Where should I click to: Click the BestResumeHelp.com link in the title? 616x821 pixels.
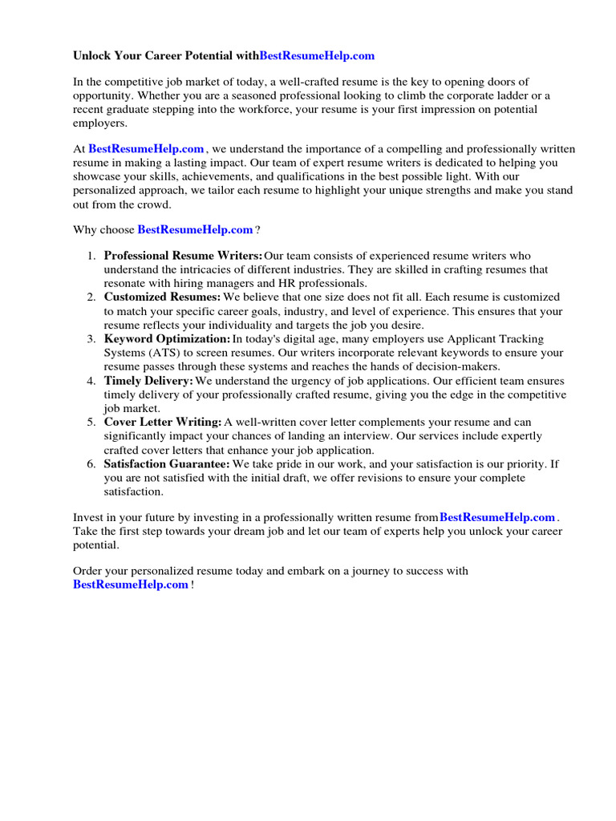coord(317,56)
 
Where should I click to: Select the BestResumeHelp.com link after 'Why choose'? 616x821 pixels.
coord(195,229)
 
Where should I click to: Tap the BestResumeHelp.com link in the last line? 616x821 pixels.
coord(131,585)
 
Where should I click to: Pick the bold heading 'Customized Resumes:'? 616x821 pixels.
coord(162,297)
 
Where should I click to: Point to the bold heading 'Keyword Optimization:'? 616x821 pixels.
coord(167,339)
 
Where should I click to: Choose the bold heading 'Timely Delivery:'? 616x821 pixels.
coord(148,381)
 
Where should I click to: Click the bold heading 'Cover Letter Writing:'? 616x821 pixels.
coord(163,422)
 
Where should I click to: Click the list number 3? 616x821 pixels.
coord(91,339)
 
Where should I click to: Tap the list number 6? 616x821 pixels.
coord(91,463)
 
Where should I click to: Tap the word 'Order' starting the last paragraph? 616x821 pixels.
coord(88,571)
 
